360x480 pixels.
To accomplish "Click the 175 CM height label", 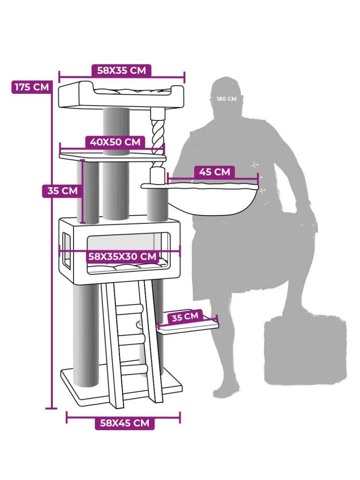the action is [x=32, y=87].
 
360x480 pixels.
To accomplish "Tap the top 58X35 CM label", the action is [x=121, y=70].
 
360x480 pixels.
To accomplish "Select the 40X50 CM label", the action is [x=115, y=142].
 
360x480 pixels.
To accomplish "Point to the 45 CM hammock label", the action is [x=214, y=172].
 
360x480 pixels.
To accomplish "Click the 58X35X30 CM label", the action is [x=122, y=256].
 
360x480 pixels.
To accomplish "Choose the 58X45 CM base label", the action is [x=124, y=423].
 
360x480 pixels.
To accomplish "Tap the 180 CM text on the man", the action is [x=227, y=99].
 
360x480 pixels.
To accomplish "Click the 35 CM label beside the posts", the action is [x=63, y=191].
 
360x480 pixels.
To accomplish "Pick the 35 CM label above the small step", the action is [x=185, y=316].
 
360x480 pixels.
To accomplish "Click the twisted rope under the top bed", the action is [x=158, y=139].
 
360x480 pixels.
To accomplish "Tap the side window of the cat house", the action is [x=66, y=250].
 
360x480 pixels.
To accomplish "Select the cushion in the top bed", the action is [x=132, y=91].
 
